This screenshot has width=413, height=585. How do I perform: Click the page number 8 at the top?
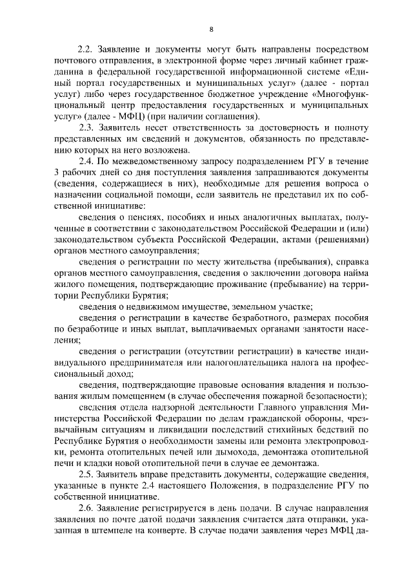coord(211,29)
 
